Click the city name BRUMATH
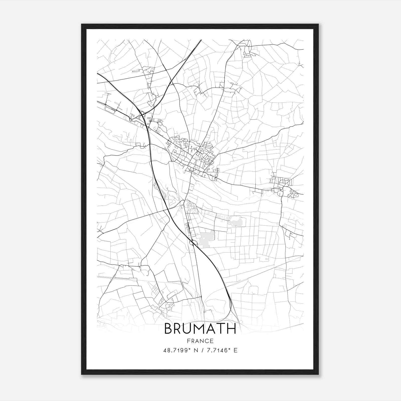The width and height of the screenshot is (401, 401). pyautogui.click(x=200, y=329)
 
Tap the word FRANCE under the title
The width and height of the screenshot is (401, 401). pyautogui.click(x=200, y=341)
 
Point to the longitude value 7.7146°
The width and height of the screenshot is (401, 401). pyautogui.click(x=218, y=350)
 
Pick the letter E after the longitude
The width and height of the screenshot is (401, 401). pyautogui.click(x=235, y=350)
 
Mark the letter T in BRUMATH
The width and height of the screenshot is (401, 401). pyautogui.click(x=222, y=329)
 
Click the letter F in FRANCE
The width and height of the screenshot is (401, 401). pyautogui.click(x=188, y=341)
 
